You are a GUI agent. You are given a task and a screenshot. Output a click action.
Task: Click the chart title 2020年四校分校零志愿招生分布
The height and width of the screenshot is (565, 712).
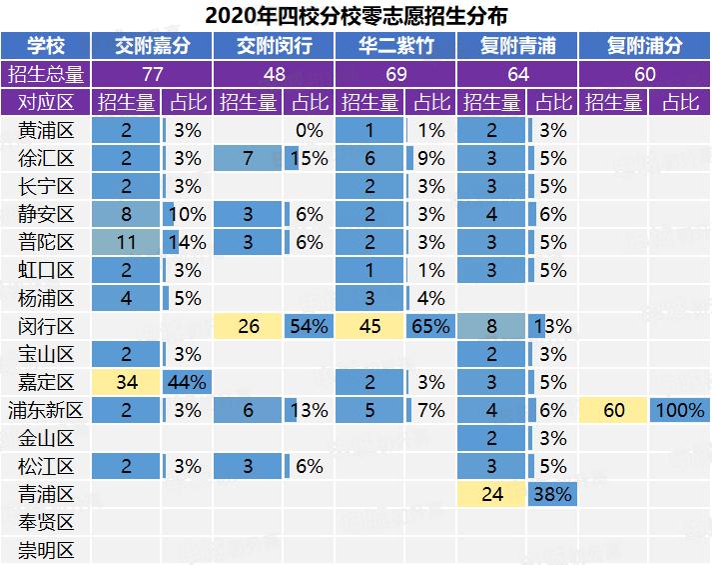coord(356,16)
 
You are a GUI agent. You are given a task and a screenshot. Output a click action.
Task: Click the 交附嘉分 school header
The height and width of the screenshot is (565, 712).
coord(152,46)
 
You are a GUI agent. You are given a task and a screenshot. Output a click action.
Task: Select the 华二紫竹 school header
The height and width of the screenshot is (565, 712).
coord(396,46)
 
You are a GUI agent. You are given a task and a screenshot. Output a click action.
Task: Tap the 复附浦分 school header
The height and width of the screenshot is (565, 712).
coord(644,46)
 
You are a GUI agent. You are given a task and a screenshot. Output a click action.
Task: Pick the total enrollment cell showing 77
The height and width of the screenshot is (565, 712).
coord(152,74)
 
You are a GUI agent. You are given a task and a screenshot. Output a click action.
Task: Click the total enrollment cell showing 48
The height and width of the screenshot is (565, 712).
coord(275,74)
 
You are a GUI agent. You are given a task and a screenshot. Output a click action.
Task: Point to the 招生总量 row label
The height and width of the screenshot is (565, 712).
coord(45,74)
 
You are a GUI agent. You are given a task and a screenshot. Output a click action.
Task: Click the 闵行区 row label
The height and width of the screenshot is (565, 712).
coord(46,326)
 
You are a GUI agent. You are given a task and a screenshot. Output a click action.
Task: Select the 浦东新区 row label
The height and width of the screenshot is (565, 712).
coord(46,410)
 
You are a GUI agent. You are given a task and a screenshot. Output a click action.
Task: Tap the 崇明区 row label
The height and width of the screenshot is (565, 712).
coord(46,550)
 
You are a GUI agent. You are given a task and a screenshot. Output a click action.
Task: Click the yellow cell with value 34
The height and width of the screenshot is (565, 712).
coord(127,382)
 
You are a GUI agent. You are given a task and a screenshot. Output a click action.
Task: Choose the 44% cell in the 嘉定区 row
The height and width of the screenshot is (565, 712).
coord(187,382)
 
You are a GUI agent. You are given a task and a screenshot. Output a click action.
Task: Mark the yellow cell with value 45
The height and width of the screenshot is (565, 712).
coord(370,326)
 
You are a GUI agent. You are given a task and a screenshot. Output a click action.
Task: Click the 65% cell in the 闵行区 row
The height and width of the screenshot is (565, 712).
coord(430,326)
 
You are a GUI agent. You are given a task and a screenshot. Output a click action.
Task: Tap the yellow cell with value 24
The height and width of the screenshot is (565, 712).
coord(492,494)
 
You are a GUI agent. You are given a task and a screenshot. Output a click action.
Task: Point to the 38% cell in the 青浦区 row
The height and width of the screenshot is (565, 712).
coord(552,494)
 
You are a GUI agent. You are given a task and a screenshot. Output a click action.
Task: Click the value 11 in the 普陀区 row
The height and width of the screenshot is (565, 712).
coord(127,242)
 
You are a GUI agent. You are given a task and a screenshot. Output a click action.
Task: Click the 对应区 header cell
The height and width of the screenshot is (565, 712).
coord(45,102)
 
